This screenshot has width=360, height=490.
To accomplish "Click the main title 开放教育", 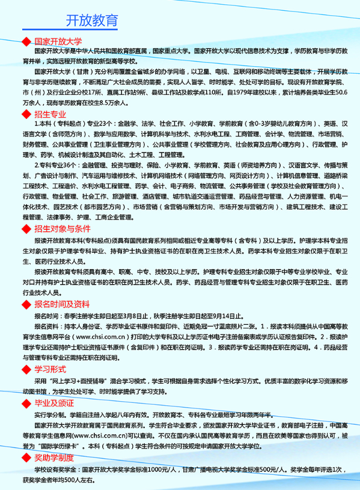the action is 91,22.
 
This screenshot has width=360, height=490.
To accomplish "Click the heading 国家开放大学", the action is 58,42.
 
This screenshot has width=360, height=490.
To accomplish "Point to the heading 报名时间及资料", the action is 63,304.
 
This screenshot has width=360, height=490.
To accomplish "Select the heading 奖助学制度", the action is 54,458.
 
